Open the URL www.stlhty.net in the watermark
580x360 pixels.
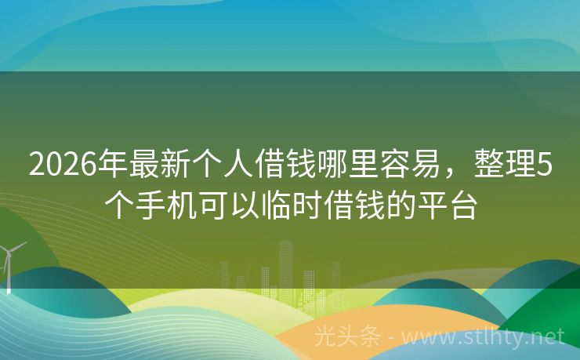(x=485, y=337)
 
